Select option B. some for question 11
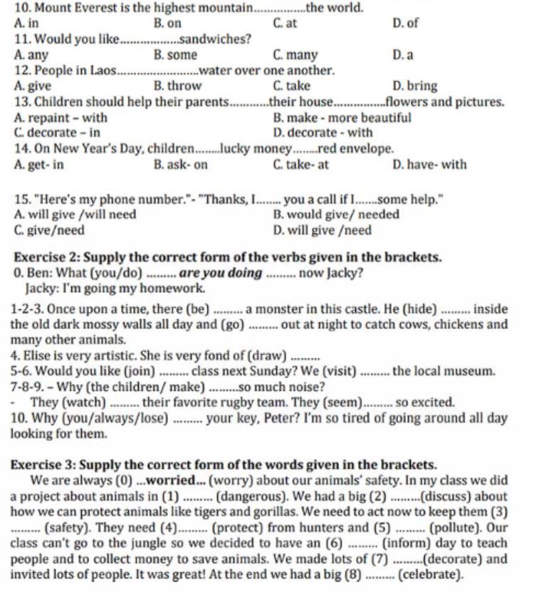pos(175,55)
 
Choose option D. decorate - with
pos(323,133)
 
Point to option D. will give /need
pos(322,230)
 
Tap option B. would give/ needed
pos(331,214)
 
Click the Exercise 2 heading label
pos(46,256)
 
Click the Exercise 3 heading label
pos(46,464)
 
